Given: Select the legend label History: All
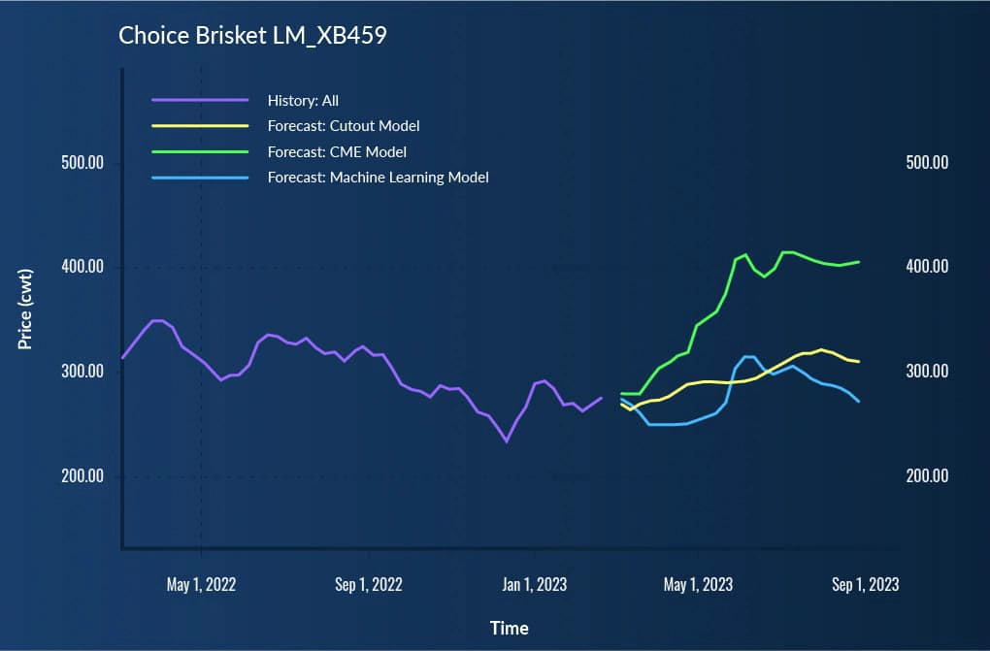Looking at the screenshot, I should (303, 100).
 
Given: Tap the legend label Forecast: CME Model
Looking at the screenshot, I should (337, 151).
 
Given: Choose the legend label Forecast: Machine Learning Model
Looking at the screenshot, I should (378, 178).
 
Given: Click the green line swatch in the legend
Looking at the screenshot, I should (200, 151).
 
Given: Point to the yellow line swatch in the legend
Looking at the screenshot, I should (200, 125).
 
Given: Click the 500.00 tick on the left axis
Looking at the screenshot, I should (82, 163).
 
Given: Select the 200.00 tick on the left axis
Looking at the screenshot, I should (82, 476).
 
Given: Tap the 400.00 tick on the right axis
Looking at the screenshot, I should (926, 267).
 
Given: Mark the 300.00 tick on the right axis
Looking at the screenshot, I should (926, 372).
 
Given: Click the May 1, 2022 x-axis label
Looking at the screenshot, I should (201, 584).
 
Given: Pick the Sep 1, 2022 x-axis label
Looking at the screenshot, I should (368, 584).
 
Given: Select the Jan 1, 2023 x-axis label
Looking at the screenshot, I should (534, 584).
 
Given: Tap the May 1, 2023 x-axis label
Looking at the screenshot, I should (698, 584).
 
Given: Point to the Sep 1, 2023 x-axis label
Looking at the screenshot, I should (865, 584).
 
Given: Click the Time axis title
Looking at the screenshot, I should (510, 628).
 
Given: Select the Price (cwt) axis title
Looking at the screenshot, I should (26, 309).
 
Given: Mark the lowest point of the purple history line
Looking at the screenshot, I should (506, 441).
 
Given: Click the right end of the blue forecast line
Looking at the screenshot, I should (859, 401).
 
